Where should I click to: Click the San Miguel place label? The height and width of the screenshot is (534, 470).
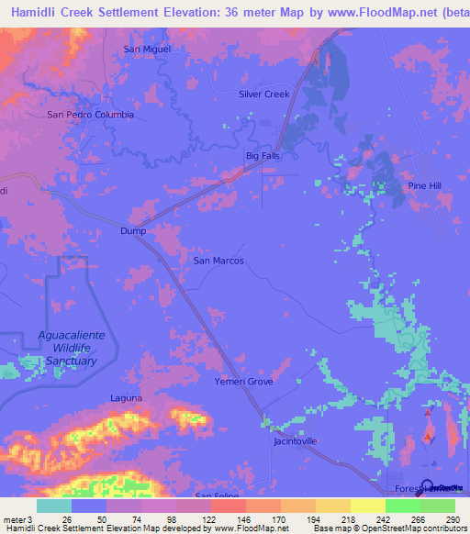tap(147, 49)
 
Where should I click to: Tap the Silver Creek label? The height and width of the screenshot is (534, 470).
tap(263, 94)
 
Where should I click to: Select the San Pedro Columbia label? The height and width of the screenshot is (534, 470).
tap(91, 115)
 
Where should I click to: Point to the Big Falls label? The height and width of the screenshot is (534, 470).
tap(263, 156)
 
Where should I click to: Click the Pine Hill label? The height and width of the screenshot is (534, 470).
tap(425, 185)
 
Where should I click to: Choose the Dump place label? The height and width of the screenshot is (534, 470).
tap(133, 231)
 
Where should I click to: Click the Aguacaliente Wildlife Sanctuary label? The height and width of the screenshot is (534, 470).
tap(72, 348)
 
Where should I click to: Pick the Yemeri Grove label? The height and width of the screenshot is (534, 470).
tap(243, 381)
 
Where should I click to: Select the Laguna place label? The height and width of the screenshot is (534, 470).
tap(126, 397)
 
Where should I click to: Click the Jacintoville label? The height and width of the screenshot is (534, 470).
tap(296, 441)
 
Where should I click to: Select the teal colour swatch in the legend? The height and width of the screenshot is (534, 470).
tap(54, 506)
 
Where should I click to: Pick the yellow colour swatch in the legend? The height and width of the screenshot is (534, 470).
tap(368, 506)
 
